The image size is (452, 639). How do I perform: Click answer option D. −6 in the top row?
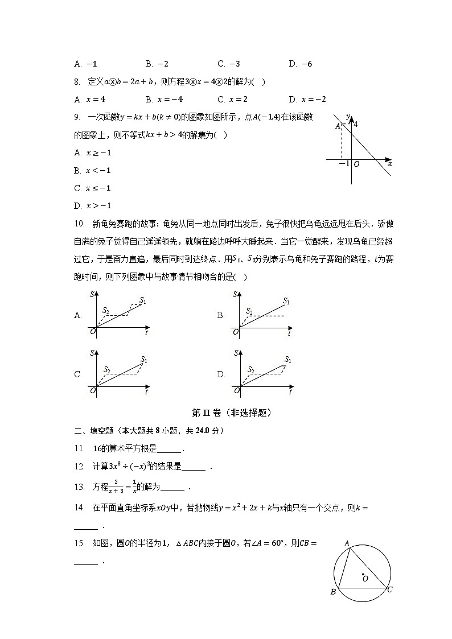300,64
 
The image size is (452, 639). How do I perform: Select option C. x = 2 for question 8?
232,99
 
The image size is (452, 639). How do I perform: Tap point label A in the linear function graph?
338,126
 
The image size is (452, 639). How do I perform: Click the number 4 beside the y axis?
356,124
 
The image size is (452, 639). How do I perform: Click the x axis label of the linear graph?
389,164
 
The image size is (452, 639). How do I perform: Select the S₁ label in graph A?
143,300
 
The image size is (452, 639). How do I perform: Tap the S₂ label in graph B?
249,311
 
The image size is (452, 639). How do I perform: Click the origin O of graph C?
92,391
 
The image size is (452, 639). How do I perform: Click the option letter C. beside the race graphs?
78,374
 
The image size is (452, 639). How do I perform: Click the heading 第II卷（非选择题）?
227,413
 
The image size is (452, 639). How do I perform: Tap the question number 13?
79,487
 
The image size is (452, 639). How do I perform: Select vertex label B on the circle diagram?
333,592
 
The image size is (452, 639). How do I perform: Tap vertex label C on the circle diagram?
390,589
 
